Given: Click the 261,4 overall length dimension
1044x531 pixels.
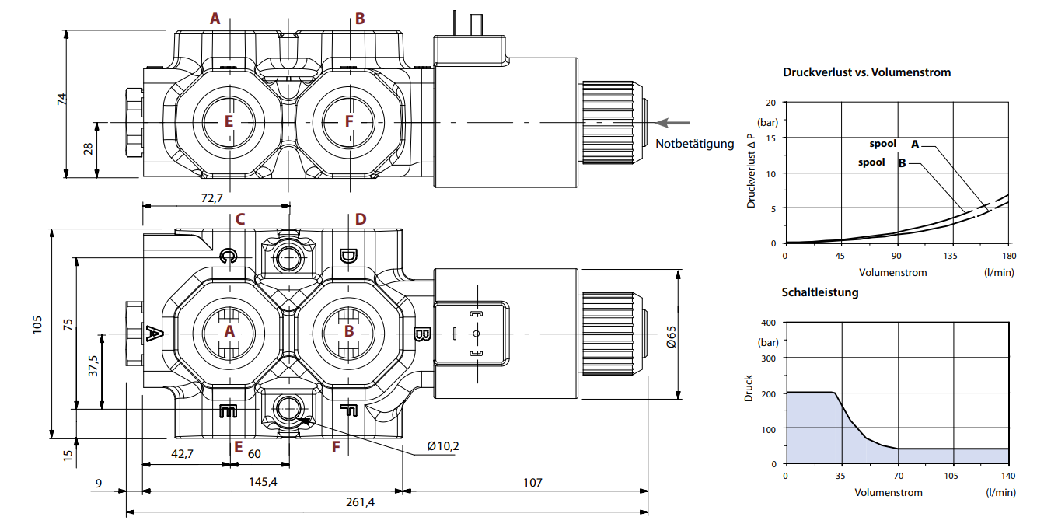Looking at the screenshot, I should coord(360,502).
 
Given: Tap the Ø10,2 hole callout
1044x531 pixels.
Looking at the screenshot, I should coord(443,446).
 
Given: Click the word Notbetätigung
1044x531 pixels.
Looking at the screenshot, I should coord(694,143).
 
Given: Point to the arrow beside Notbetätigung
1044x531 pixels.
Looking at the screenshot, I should coord(672,122).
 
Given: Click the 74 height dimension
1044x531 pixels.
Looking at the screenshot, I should coord(62,99).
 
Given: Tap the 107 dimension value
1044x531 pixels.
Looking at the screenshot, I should coord(532,482).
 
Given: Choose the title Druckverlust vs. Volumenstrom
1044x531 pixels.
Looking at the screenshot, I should coord(867,72).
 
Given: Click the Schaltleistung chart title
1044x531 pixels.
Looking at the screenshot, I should coord(820,292).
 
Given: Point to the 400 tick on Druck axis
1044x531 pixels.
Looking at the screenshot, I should coord(769,322).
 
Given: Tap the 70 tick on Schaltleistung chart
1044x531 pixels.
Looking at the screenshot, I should coord(898,476).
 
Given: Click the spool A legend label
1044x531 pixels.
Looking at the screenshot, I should coord(894,144).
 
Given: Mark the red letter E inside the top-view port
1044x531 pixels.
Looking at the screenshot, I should coord(229,121).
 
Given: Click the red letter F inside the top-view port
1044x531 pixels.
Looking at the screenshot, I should coord(349,121).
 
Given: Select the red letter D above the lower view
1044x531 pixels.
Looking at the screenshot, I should coord(360,219).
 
